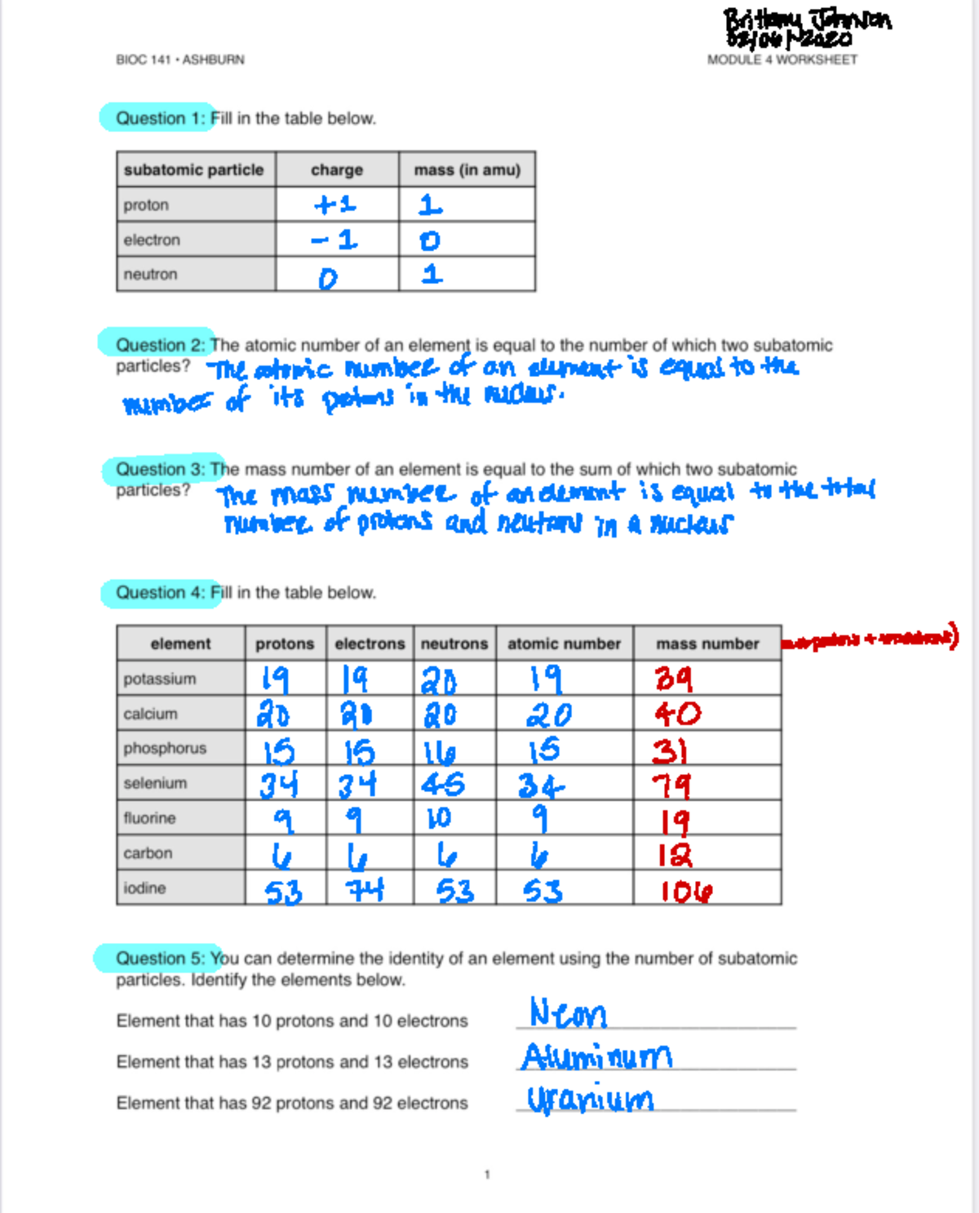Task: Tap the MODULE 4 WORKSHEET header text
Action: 782,60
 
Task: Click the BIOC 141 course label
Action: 179,60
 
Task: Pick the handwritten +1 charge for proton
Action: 335,204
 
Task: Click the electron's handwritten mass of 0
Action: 429,241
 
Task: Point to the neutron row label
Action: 150,274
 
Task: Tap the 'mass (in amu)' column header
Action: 467,170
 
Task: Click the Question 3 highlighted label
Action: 161,469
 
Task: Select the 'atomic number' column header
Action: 564,644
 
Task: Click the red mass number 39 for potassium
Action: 674,679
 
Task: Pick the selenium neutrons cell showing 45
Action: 443,784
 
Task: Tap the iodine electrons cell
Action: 365,888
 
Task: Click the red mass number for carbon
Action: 676,854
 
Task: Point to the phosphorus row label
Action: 165,748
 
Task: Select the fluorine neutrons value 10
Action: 438,818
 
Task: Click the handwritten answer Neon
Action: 568,1013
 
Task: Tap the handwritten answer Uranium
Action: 589,1099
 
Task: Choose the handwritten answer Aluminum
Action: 596,1056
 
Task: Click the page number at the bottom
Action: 487,1175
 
